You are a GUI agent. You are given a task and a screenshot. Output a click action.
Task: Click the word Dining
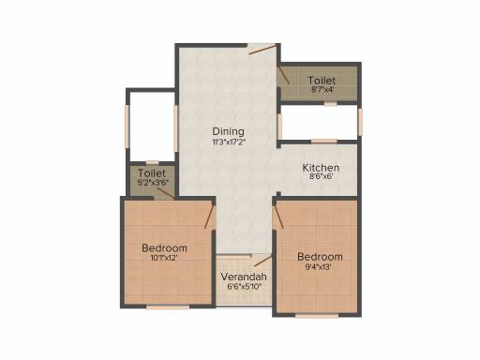pyautogui.click(x=228, y=131)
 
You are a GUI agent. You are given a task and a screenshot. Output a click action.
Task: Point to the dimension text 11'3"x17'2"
pyautogui.click(x=228, y=142)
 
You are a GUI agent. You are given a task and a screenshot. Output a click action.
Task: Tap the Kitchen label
pyautogui.click(x=320, y=168)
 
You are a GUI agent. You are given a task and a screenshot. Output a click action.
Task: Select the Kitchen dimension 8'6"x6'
pyautogui.click(x=320, y=178)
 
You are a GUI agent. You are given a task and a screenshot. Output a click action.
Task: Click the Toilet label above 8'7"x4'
pyautogui.click(x=320, y=82)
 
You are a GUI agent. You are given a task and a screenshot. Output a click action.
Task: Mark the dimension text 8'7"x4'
pyautogui.click(x=320, y=91)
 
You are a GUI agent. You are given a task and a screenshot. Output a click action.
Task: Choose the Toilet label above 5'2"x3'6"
pyautogui.click(x=150, y=173)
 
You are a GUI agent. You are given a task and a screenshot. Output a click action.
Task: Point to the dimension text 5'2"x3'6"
pyautogui.click(x=150, y=183)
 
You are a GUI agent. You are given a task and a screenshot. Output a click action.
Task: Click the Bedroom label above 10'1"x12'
pyautogui.click(x=164, y=248)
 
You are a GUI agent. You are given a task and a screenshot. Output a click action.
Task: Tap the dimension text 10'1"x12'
pyautogui.click(x=164, y=259)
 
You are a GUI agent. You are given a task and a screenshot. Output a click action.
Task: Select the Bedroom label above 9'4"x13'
pyautogui.click(x=320, y=257)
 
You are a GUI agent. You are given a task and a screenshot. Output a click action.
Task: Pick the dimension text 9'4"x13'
pyautogui.click(x=320, y=267)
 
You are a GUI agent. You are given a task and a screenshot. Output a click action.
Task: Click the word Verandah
pyautogui.click(x=244, y=277)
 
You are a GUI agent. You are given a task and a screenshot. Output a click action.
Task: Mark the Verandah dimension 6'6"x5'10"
pyautogui.click(x=244, y=288)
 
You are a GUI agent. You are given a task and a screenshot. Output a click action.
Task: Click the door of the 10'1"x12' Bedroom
pyautogui.click(x=212, y=217)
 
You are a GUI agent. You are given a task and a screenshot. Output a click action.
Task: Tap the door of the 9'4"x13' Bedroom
pyautogui.click(x=277, y=217)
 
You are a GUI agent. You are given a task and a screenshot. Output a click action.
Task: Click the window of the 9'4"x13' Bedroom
pyautogui.click(x=317, y=315)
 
